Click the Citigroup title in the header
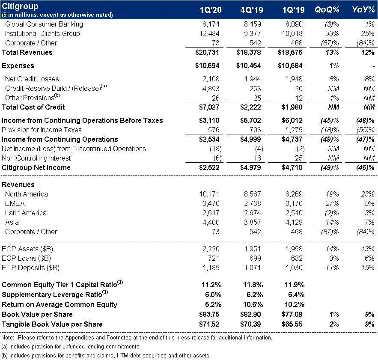pos(20,6)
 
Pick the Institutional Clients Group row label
pos(42,33)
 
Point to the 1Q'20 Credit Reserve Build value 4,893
pos(212,88)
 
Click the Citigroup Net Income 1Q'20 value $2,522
pos(209,167)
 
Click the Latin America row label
pos(26,213)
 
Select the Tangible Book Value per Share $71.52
pos(209,324)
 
